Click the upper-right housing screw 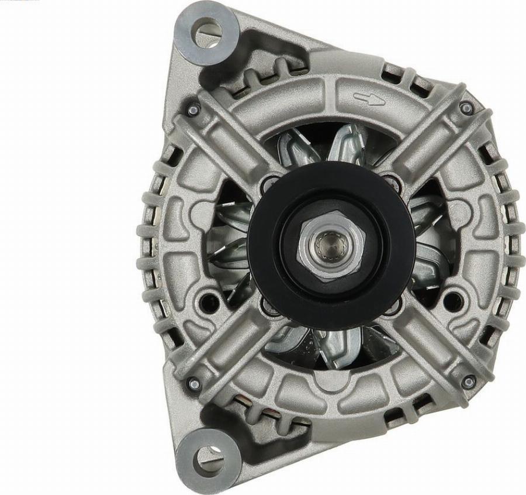click(x=466, y=108)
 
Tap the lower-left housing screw click(x=193, y=383)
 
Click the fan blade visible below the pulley click(x=330, y=345)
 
